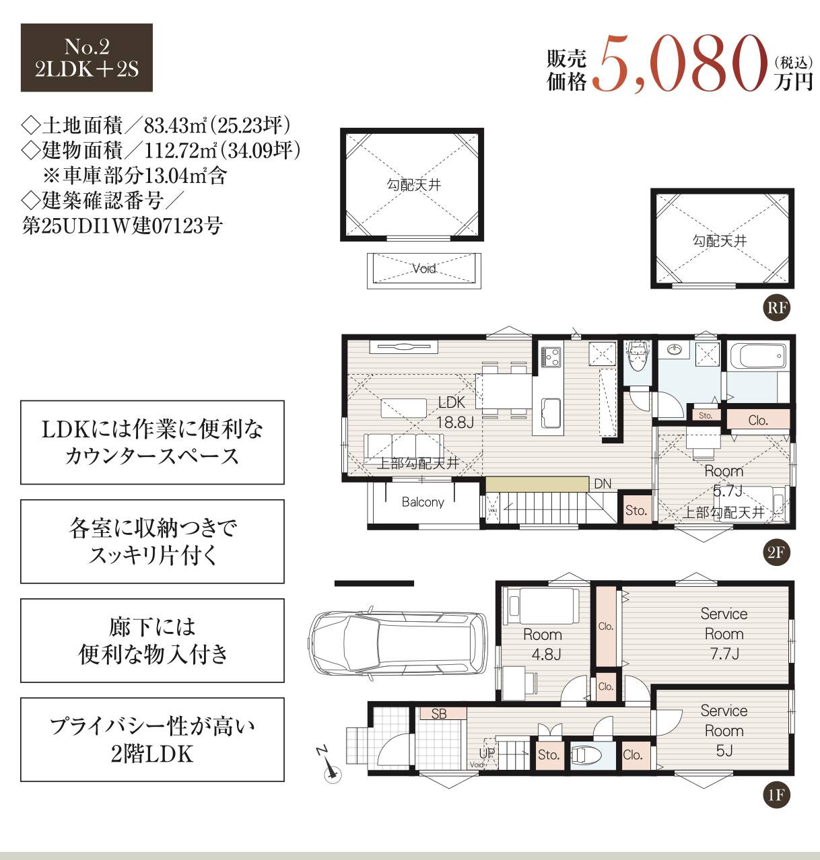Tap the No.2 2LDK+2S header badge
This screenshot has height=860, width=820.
pyautogui.click(x=87, y=58)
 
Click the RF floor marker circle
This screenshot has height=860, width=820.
pyautogui.click(x=776, y=308)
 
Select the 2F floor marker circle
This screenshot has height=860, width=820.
pyautogui.click(x=776, y=552)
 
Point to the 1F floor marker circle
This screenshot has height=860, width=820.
pyautogui.click(x=776, y=795)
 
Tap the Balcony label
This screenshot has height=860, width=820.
pyautogui.click(x=423, y=502)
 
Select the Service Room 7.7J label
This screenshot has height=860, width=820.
pyautogui.click(x=724, y=633)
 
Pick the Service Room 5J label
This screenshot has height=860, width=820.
pyautogui.click(x=724, y=730)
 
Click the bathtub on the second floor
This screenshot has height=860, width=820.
pyautogui.click(x=758, y=356)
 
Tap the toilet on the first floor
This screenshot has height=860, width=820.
pyautogui.click(x=586, y=755)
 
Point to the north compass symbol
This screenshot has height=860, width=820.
pyautogui.click(x=329, y=768)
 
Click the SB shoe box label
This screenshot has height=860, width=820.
pyautogui.click(x=439, y=714)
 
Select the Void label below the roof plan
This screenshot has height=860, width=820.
pyautogui.click(x=424, y=268)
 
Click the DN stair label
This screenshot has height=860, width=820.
pyautogui.click(x=603, y=484)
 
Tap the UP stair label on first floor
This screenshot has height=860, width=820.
pyautogui.click(x=486, y=753)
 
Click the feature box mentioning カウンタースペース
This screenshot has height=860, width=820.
pyautogui.click(x=152, y=442)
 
